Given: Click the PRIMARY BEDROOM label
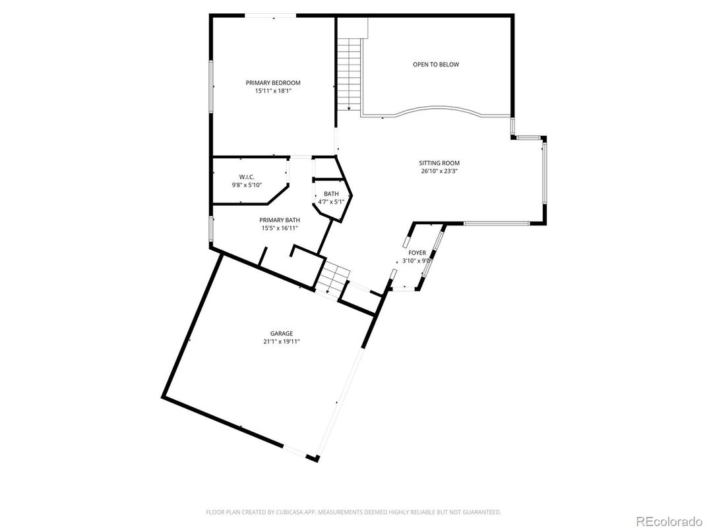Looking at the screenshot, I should pyautogui.click(x=273, y=82).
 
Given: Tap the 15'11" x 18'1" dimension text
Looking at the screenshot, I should pyautogui.click(x=273, y=91).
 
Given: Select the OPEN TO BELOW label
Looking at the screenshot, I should pyautogui.click(x=435, y=65).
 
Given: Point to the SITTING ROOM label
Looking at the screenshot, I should pyautogui.click(x=439, y=163).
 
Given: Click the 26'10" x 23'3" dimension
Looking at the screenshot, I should pyautogui.click(x=439, y=171).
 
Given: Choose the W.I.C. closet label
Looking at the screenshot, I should pyautogui.click(x=247, y=177).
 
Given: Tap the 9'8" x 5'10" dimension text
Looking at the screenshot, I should pyautogui.click(x=247, y=185).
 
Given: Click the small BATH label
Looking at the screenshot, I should pyautogui.click(x=331, y=194).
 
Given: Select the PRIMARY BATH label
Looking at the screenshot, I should pyautogui.click(x=280, y=220).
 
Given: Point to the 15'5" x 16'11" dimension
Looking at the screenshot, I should pyautogui.click(x=280, y=229).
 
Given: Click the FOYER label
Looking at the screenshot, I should pyautogui.click(x=417, y=252).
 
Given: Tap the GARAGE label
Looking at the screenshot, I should pyautogui.click(x=281, y=334).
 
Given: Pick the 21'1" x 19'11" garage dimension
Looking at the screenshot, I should pyautogui.click(x=281, y=342).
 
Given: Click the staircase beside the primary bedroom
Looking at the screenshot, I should pyautogui.click(x=349, y=74).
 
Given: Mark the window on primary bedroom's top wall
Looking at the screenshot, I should pyautogui.click(x=271, y=16).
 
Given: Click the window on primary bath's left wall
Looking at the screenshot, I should pyautogui.click(x=211, y=227).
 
